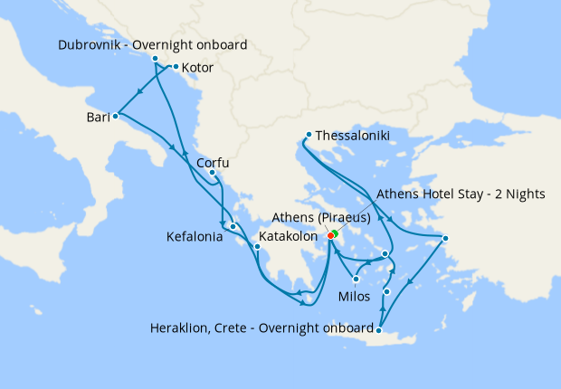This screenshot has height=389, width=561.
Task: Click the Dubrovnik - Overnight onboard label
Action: [x=152, y=44]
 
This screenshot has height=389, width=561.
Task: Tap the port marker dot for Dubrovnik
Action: [x=155, y=59]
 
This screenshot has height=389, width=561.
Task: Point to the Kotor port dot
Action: [x=176, y=67]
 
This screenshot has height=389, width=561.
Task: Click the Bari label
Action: [x=99, y=117]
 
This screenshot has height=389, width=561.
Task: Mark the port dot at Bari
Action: [x=115, y=116]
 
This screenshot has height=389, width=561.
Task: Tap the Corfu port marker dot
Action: [x=212, y=173]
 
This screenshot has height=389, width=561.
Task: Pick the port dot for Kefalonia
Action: [x=233, y=226]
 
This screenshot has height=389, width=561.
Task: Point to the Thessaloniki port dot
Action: [x=309, y=135]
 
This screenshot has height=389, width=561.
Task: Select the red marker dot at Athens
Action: [x=329, y=237]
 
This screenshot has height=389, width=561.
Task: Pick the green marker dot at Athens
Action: [x=334, y=233]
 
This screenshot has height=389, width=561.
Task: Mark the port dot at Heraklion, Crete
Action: [x=380, y=331]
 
